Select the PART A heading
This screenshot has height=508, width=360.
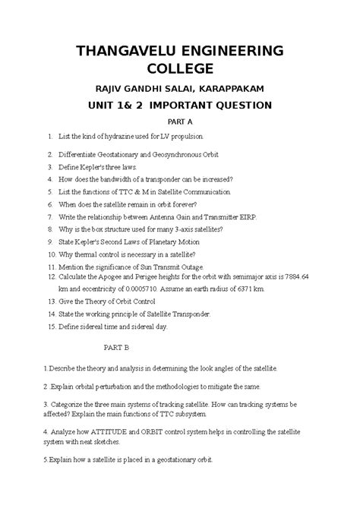tap(178, 121)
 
